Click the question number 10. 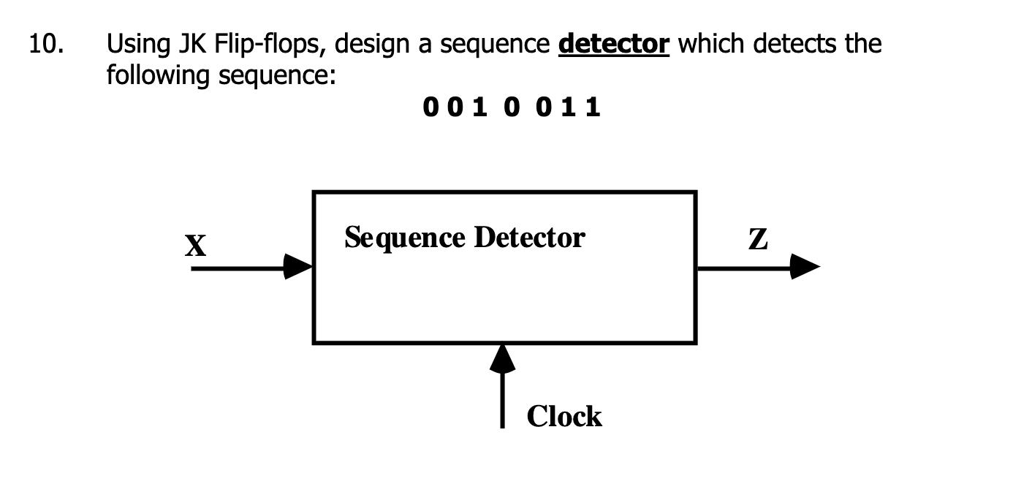[45, 45]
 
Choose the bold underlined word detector [613, 45]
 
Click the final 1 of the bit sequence [593, 107]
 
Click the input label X [195, 246]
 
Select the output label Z [759, 240]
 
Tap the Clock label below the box [564, 416]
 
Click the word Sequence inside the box [404, 238]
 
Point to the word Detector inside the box [529, 238]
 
